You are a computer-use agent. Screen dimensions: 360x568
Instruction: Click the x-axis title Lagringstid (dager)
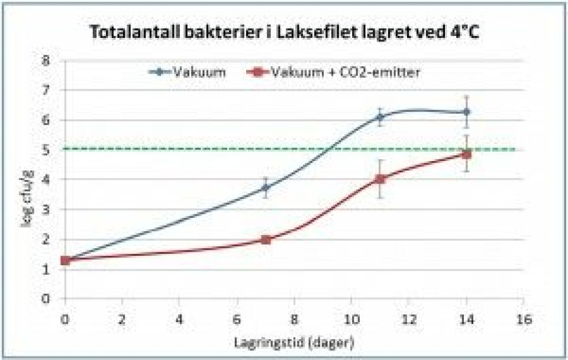[x=295, y=342]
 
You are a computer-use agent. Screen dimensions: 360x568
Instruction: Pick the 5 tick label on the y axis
[x=46, y=150]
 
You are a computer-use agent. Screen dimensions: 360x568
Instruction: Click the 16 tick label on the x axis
[x=523, y=319]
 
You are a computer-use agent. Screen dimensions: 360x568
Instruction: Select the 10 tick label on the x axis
[x=352, y=319]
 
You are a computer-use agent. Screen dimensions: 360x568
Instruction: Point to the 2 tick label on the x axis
[x=122, y=319]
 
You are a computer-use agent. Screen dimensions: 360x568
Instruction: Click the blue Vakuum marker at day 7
[x=266, y=188]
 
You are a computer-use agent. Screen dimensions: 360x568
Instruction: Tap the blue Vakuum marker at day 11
[x=380, y=117]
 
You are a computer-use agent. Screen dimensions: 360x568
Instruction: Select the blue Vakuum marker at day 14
[x=466, y=111]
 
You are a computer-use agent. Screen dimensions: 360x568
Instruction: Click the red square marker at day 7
[x=266, y=239]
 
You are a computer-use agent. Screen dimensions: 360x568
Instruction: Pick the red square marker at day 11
[x=380, y=179]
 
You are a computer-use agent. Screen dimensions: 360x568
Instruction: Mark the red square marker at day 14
[x=466, y=154]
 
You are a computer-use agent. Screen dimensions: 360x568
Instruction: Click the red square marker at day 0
[x=66, y=260]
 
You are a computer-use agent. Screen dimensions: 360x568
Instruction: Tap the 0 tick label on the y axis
[x=46, y=298]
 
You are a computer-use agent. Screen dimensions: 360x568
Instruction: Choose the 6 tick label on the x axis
[x=237, y=319]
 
